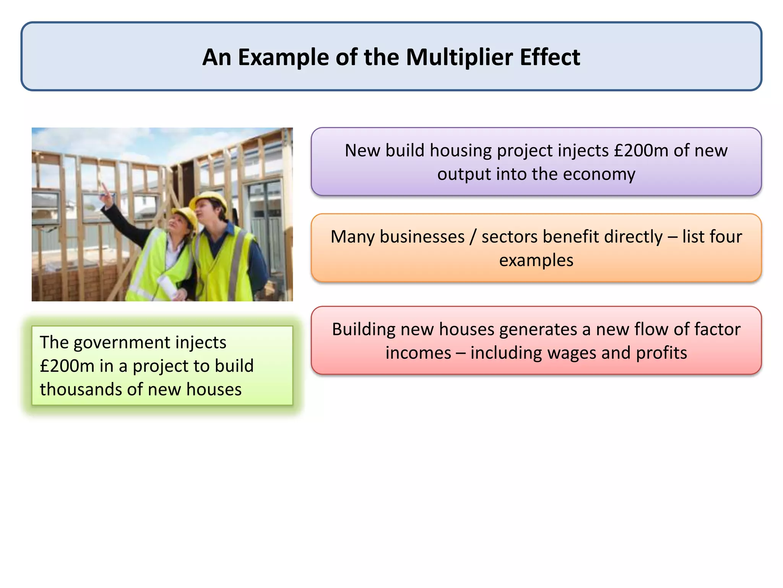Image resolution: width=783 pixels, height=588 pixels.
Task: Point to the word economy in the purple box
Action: tap(599, 174)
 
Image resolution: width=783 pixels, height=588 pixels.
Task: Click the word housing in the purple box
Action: tap(461, 150)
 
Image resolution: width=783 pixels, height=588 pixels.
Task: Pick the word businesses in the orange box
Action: tap(422, 237)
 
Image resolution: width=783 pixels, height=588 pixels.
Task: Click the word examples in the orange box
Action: tap(536, 260)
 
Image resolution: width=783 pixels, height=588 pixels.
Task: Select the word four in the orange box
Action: tap(724, 237)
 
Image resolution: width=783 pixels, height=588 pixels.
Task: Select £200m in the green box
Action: tap(67, 366)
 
